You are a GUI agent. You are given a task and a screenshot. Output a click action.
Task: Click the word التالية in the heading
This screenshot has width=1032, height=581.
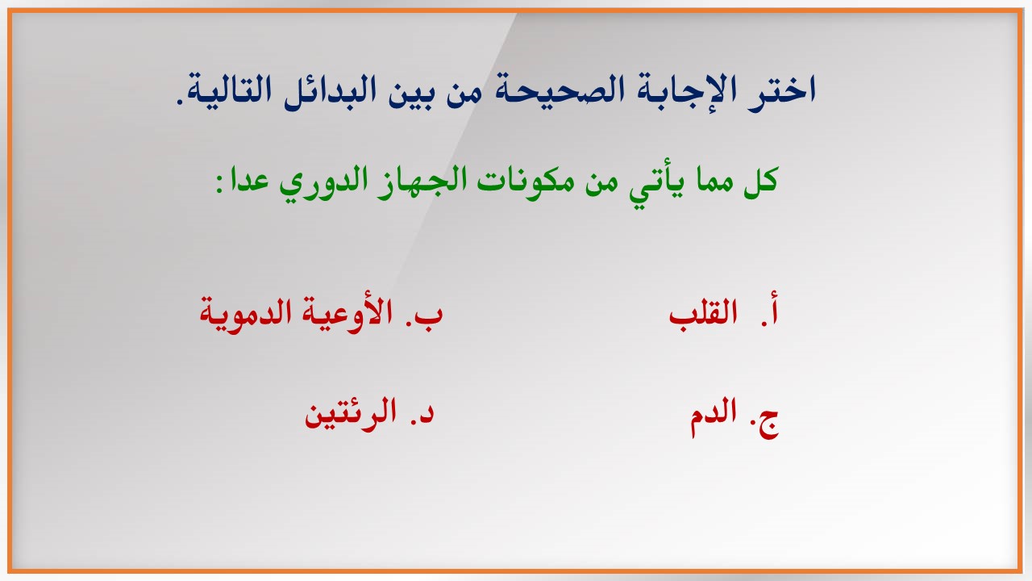(230, 91)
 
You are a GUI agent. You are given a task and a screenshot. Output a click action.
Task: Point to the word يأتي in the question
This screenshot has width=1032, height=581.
(655, 182)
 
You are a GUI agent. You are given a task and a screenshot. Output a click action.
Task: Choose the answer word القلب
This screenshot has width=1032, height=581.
(702, 314)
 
